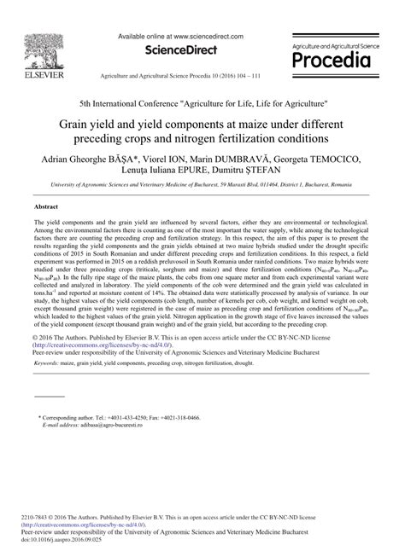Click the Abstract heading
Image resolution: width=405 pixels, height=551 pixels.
coord(45,206)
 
